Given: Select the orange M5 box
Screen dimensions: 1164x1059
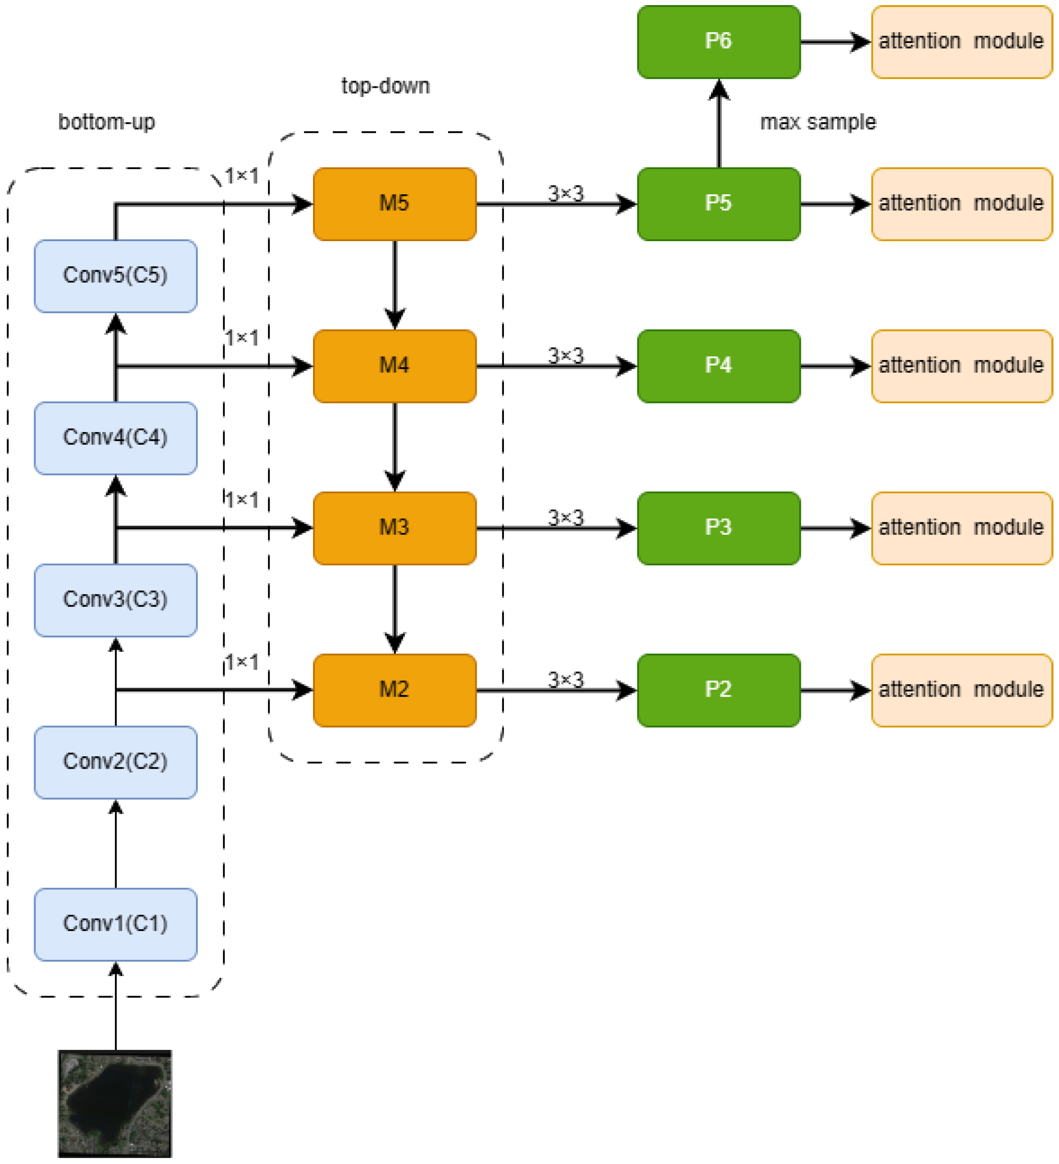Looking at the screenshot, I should coord(394,204).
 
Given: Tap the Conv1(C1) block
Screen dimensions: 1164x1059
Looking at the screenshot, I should coord(115,924).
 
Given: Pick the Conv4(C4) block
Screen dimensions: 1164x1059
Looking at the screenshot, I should coord(115,438).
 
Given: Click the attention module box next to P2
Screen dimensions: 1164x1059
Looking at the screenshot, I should coord(961,690).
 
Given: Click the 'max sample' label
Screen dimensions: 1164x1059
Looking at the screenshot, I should coord(817,122).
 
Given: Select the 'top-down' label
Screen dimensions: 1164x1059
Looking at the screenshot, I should coord(385,86).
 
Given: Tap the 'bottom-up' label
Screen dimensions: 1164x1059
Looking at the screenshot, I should coord(107,122).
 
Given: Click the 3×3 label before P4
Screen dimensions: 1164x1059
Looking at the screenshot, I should coord(565,355).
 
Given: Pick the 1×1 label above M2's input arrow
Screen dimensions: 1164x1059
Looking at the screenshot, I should coord(242,662).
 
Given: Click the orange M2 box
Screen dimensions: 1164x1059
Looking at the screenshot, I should coord(394,690).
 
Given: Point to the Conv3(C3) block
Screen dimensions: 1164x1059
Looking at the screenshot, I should coord(115,600).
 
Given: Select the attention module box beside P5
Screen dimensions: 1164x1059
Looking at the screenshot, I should coord(961,204).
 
